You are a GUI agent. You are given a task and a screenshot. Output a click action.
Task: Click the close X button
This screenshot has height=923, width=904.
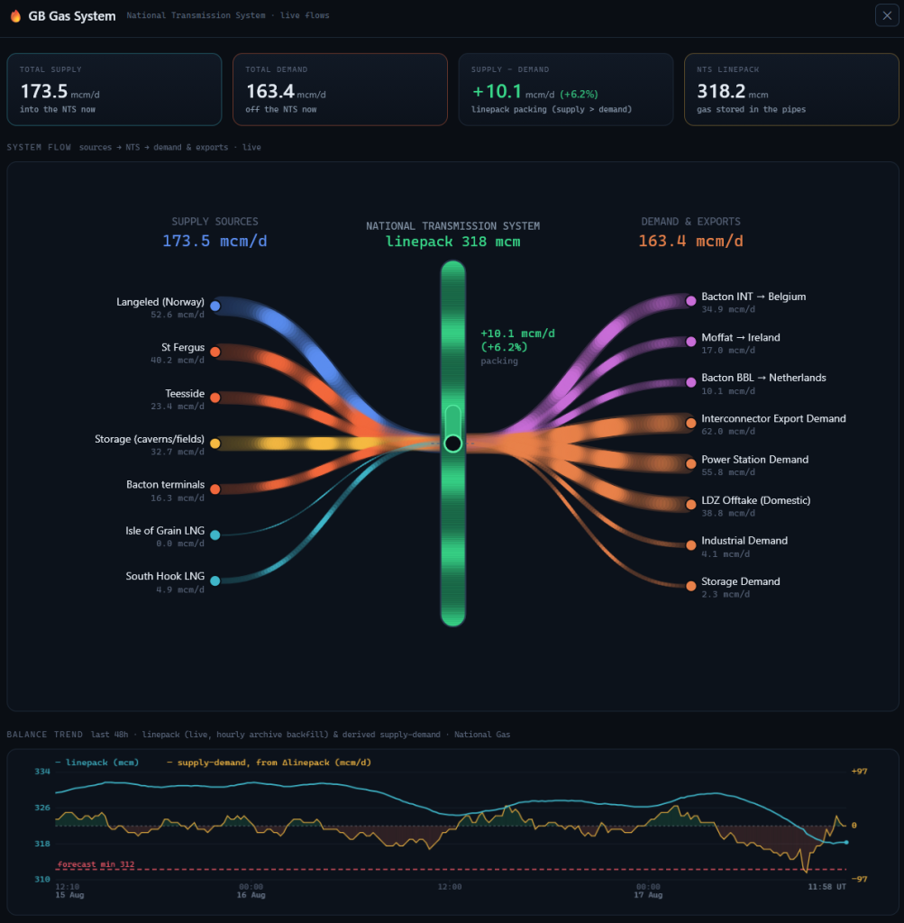pos(887,15)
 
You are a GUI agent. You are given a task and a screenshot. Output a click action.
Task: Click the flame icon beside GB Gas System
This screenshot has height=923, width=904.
pos(16,16)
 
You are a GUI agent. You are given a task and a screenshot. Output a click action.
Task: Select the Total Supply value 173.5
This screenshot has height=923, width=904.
pos(44,91)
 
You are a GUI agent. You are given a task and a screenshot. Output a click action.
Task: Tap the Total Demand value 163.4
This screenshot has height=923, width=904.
pos(270,91)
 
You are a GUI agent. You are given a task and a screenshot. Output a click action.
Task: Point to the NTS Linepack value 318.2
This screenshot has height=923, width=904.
pos(721,91)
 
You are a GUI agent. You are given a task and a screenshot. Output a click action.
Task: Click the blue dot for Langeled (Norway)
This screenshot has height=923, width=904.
pos(215,306)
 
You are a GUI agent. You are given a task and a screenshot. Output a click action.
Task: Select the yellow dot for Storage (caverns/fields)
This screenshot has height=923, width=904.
pos(215,443)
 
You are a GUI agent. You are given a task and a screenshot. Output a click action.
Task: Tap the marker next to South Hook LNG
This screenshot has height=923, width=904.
pos(215,581)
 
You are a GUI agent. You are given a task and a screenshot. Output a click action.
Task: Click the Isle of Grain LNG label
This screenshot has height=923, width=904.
pos(165,531)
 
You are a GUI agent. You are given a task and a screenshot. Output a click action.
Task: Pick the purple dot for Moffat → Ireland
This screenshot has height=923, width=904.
pos(691,342)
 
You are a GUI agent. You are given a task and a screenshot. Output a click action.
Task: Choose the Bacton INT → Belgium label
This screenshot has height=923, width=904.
pos(753,297)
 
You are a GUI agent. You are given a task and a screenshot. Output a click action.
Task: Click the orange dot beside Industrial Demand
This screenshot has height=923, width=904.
pos(691,545)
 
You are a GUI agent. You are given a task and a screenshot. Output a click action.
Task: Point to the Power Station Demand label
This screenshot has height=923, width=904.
pos(754,460)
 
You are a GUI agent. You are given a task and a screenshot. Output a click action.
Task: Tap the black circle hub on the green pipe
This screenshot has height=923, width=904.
pos(453,443)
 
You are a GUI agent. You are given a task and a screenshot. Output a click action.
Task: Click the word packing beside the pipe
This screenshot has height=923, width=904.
pos(499,361)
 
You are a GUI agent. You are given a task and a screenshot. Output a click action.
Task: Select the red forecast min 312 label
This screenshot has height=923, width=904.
pos(96,864)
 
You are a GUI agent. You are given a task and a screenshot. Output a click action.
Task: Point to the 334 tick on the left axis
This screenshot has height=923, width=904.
pos(42,772)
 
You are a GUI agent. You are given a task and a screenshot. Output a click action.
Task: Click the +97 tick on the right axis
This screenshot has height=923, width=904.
pos(859,772)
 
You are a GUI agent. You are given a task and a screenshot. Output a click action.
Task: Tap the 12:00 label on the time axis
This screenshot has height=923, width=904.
pos(450,887)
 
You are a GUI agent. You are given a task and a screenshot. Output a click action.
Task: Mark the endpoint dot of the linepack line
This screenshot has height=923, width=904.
pos(847,843)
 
